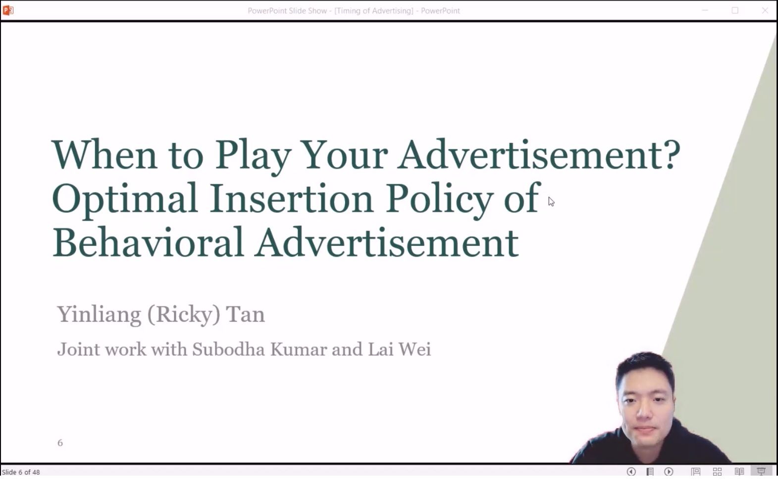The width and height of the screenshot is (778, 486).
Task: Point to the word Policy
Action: tap(439, 200)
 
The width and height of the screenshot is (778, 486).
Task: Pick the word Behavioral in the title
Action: tap(148, 242)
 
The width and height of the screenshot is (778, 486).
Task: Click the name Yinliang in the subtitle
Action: tap(99, 315)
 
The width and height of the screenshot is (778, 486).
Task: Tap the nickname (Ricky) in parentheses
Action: tap(184, 314)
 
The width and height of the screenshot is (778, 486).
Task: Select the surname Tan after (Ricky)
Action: tap(245, 314)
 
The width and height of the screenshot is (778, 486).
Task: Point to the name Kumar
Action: tap(298, 349)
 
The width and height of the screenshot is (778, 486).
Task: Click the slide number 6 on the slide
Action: tap(60, 442)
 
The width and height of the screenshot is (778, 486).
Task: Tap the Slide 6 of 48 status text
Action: tap(21, 472)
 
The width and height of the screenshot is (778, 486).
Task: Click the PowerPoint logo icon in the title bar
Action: tap(7, 10)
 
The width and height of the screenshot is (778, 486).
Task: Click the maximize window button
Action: tap(735, 10)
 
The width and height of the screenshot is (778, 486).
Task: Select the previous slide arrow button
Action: tap(631, 472)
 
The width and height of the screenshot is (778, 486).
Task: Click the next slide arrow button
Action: tap(669, 472)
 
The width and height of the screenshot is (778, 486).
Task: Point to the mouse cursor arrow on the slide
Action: tap(551, 202)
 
